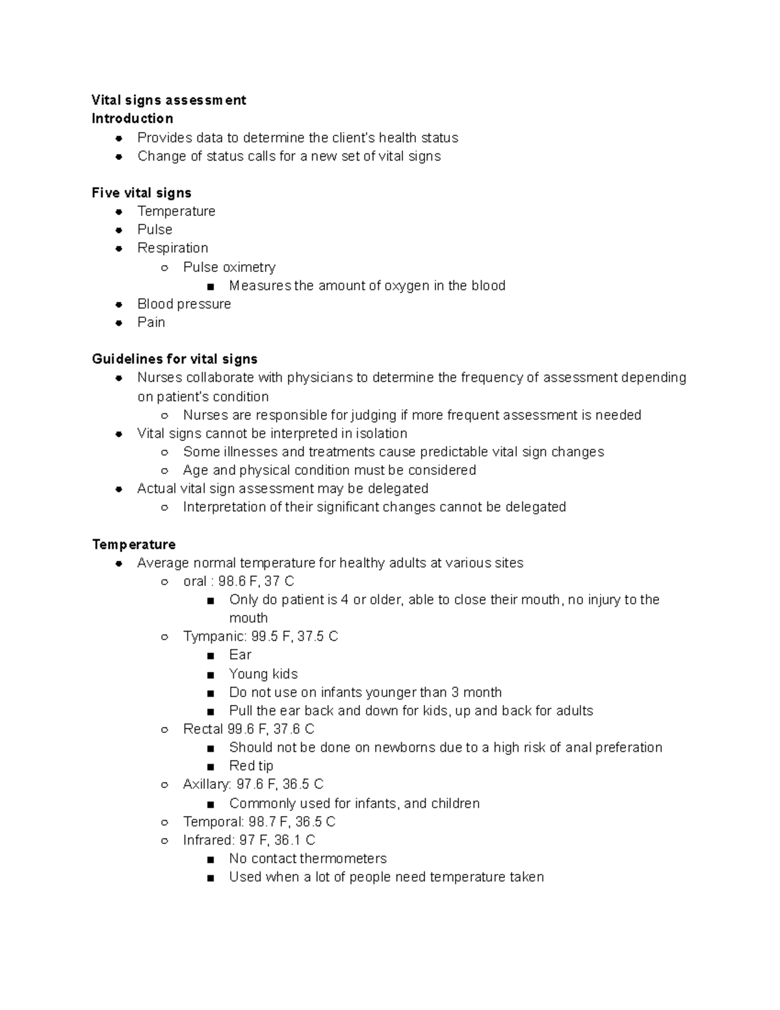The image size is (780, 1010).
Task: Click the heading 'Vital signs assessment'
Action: [168, 100]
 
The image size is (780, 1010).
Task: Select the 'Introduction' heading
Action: [132, 118]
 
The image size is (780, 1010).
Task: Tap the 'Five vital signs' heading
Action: [141, 193]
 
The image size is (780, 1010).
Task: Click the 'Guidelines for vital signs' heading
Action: [174, 359]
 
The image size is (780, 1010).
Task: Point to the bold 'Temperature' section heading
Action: [133, 544]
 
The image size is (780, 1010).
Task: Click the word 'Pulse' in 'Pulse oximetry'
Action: [200, 267]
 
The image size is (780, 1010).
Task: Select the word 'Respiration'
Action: [172, 248]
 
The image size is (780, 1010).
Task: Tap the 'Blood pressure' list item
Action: [184, 304]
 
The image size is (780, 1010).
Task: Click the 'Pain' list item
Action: [151, 323]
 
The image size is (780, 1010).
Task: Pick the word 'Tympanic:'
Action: [214, 636]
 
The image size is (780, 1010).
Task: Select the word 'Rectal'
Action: [203, 729]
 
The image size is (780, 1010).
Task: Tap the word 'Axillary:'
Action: [207, 784]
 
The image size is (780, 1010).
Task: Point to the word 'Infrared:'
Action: [208, 840]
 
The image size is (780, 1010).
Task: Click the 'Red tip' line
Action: [251, 766]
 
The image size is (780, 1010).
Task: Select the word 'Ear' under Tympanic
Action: [240, 655]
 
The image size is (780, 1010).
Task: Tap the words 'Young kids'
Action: [263, 674]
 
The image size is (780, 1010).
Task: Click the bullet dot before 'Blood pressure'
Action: [118, 304]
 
